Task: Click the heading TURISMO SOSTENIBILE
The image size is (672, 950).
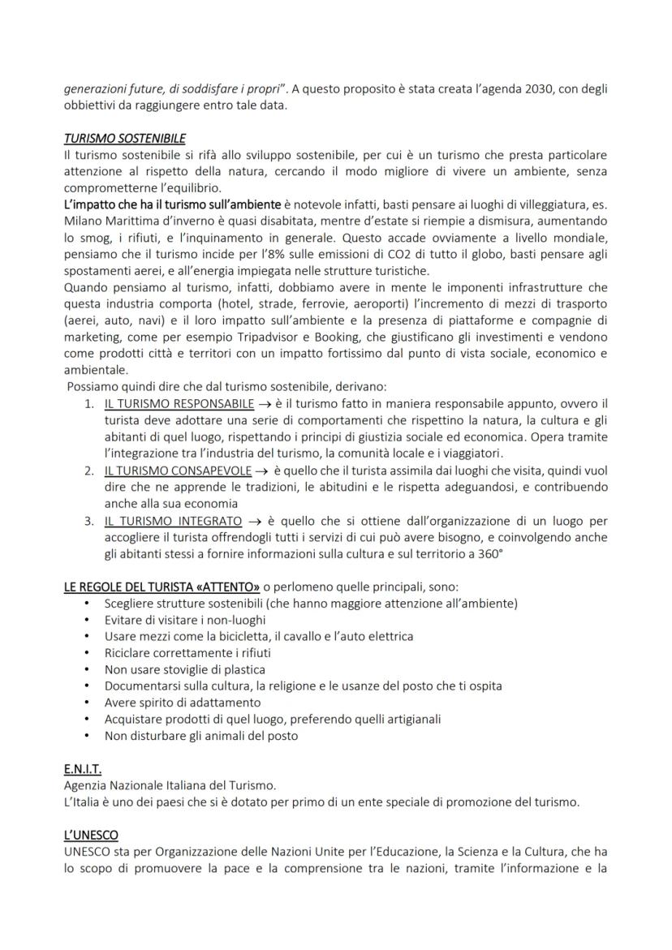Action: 124,139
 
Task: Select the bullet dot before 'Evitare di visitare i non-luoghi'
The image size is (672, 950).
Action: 87,620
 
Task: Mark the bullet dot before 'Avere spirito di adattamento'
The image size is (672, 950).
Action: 87,703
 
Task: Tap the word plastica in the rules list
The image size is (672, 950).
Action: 243,669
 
